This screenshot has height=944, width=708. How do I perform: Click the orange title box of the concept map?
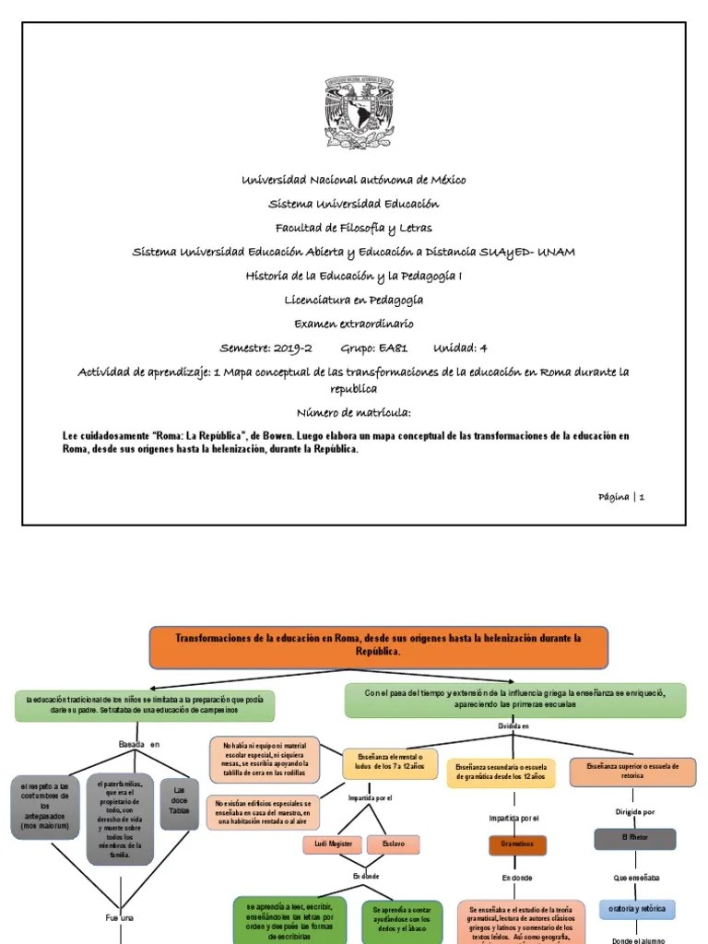378,645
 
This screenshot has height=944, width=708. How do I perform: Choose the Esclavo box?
393,844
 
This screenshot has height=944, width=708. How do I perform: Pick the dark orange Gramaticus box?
517,844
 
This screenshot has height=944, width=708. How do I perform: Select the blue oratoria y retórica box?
636,909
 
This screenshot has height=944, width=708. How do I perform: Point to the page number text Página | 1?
621,497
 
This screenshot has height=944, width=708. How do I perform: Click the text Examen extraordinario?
354,324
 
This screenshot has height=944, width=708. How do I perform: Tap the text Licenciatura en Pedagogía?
354,300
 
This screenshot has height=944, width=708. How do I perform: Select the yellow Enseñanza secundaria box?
500,773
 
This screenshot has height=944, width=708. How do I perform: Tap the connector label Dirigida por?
635,812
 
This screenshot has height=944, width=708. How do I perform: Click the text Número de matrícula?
354,412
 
